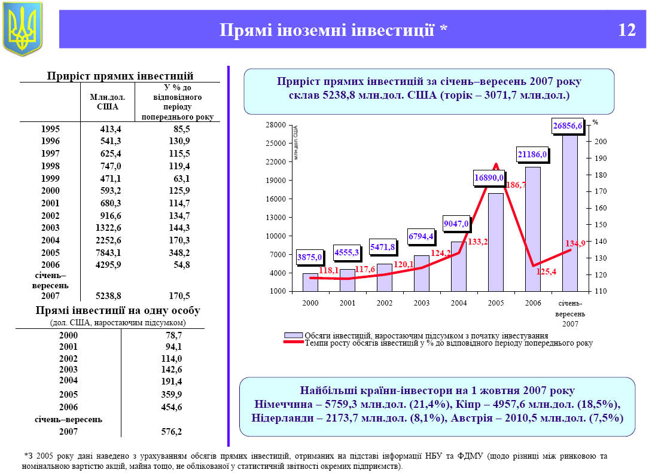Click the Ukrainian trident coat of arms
23,28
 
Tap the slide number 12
627,30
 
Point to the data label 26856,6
567,126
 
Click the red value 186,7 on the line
516,185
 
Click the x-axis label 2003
422,303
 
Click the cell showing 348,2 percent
178,252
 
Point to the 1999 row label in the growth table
51,178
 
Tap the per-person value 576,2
170,431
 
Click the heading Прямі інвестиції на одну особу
118,311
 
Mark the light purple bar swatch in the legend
293,335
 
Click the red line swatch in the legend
293,343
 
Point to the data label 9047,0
456,224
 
